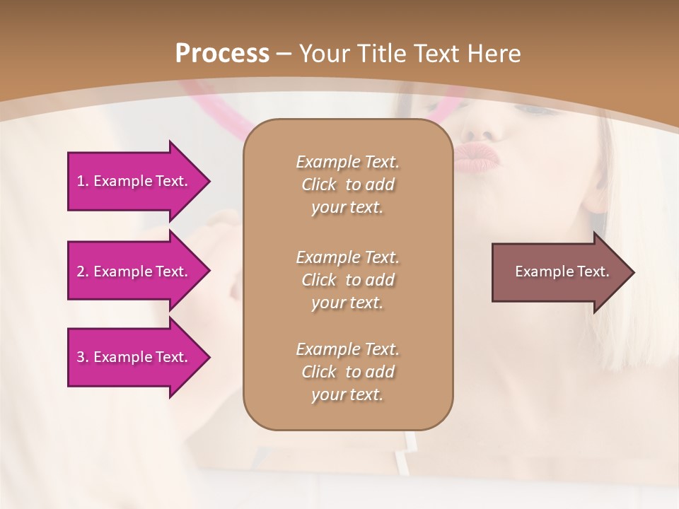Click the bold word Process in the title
[x=222, y=54]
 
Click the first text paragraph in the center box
[x=347, y=185]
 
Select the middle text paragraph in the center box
[x=347, y=280]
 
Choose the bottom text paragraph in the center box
[x=347, y=372]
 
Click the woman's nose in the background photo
[x=481, y=127]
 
